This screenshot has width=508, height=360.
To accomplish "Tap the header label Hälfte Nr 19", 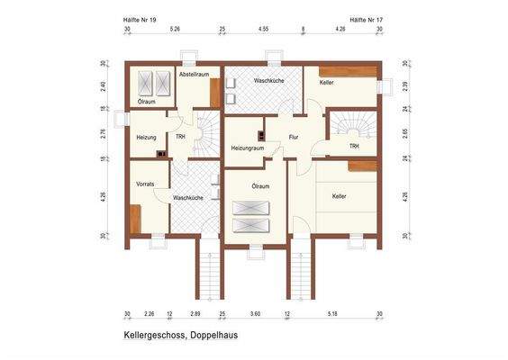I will [141, 18].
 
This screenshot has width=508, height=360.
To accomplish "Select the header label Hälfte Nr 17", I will [366, 18].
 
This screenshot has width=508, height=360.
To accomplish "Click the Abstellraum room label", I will [194, 76].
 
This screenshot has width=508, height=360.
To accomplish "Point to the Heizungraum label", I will [247, 148].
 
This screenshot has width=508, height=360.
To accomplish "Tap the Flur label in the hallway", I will [293, 138].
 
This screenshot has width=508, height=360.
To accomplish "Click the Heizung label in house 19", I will [147, 137].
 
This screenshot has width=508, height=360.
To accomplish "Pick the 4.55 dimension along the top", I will [263, 29].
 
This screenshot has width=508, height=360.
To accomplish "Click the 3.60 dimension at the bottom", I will [255, 314].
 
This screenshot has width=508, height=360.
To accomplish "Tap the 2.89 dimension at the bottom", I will [195, 314].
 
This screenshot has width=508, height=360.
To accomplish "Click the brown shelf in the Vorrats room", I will [134, 219].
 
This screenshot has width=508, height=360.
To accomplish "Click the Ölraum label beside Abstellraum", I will [146, 102].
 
